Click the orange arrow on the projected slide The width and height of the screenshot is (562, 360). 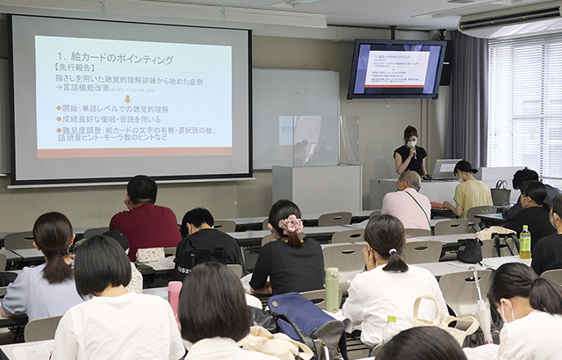click(127, 99)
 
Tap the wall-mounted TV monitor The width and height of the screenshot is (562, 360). click(396, 68)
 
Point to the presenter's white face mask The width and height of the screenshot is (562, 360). click(411, 141)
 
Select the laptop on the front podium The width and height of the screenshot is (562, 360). click(444, 169)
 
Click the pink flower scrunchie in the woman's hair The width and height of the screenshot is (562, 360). click(291, 224)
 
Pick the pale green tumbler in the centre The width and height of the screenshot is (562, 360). click(332, 288)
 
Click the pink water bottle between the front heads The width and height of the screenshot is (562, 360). click(175, 296)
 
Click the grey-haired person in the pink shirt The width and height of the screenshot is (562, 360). click(408, 202)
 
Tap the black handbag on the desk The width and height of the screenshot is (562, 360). click(469, 250)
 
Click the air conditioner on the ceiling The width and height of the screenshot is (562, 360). click(510, 18)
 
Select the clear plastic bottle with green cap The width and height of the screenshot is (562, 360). click(389, 329)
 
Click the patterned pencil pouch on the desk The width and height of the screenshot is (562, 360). click(150, 255)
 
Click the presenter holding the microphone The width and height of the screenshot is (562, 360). click(410, 153)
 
